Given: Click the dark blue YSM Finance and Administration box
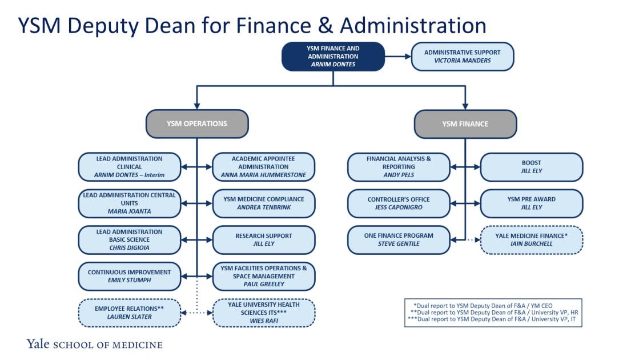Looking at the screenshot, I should point(333,57).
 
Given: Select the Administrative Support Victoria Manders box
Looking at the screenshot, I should point(463,57).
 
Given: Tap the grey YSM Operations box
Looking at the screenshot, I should point(197,124).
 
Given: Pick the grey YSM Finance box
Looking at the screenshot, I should point(465,124).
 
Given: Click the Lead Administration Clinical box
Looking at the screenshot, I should point(130,167).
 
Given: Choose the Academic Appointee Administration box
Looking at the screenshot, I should point(264,167).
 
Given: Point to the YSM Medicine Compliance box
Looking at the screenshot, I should point(264,203).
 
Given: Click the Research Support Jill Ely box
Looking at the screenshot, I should point(264,240).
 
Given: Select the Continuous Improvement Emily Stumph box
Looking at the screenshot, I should point(130,277).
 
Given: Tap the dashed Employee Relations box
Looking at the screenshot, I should point(130,313).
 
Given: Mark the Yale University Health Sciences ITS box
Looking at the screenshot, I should point(264,313).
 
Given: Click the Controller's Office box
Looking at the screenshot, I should point(399,203).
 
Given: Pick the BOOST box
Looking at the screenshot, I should point(532,167).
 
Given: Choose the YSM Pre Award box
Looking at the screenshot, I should point(532,203).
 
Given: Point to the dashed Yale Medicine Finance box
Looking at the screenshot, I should point(532,240).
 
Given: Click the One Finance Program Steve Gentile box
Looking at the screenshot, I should point(399,240).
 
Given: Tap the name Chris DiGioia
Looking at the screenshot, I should point(129,248).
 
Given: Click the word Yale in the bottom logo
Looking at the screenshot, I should point(38,344).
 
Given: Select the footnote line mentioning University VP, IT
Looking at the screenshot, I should point(493,319).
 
